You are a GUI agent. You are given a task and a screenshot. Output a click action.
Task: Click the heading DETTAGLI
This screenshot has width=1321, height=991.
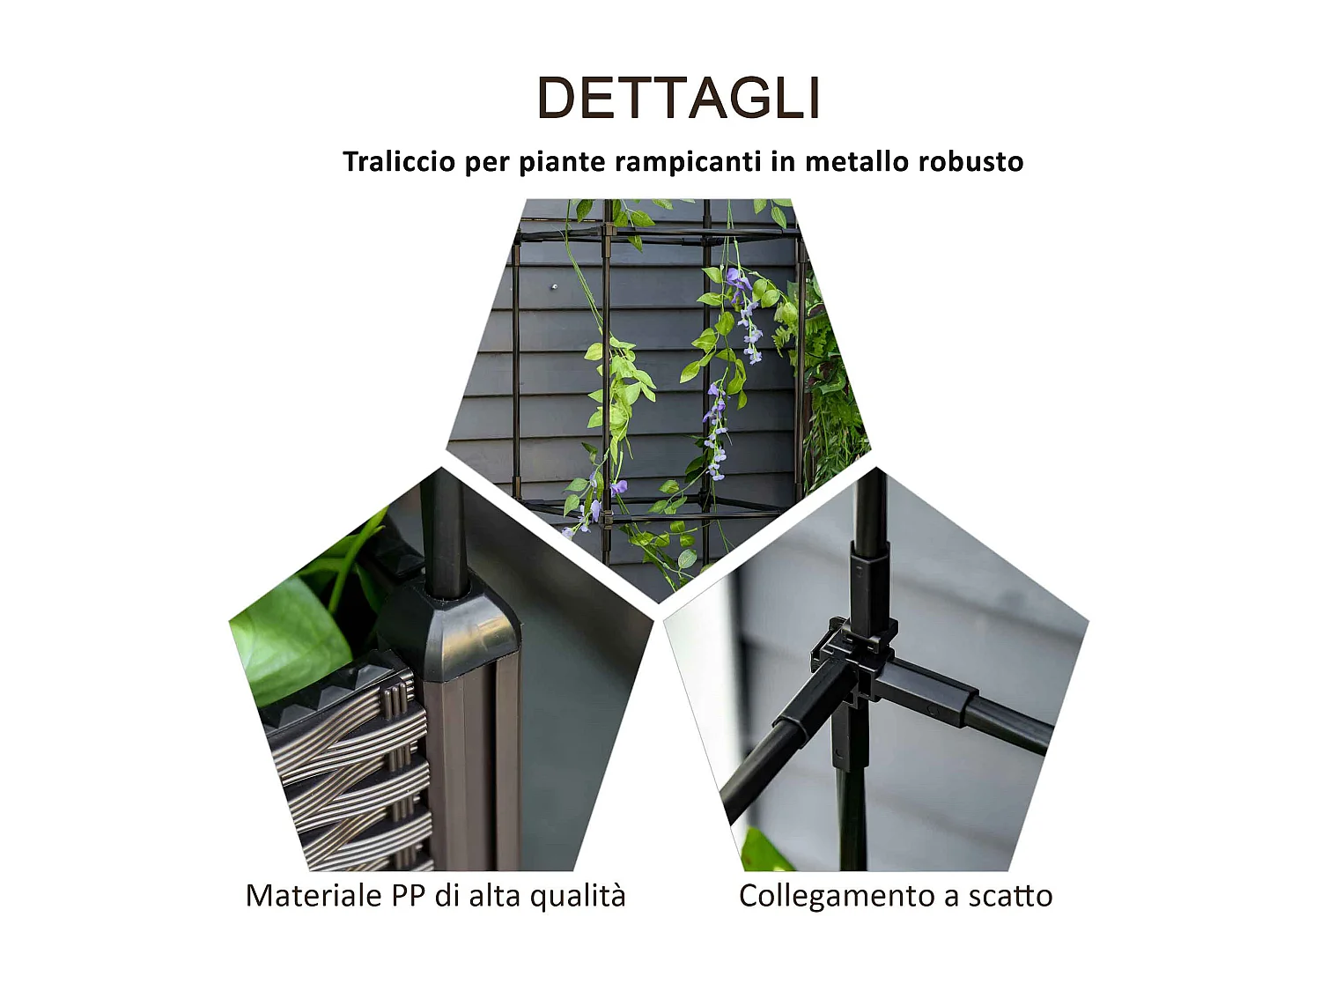(678, 98)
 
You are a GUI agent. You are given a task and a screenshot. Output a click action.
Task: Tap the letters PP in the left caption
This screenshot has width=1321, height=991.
(409, 896)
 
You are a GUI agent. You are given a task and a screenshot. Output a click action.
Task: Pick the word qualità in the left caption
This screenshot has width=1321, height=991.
(582, 896)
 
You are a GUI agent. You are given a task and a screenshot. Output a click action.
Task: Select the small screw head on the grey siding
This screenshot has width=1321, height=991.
(554, 286)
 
